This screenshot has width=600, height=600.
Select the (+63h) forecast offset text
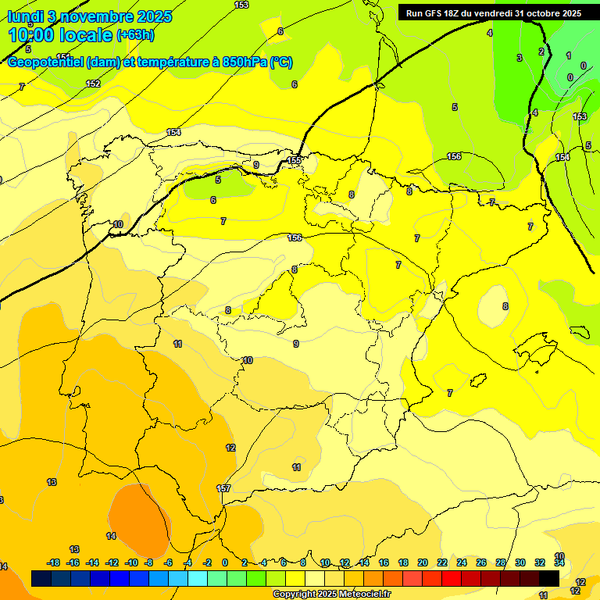pyautogui.click(x=135, y=35)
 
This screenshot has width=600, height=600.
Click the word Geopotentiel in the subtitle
pyautogui.click(x=43, y=62)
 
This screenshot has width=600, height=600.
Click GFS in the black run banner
pyautogui.click(x=434, y=13)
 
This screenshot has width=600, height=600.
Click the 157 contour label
pyautogui.click(x=223, y=488)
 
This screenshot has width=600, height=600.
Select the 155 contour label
pyautogui.click(x=294, y=160)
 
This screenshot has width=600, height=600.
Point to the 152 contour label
pyautogui.click(x=93, y=84)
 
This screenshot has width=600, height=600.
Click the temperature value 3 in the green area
pyautogui.click(x=519, y=58)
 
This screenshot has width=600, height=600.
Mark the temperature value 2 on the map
pyautogui.click(x=541, y=52)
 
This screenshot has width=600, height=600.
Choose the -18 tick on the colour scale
pyautogui.click(x=53, y=562)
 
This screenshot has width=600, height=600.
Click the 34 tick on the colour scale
pyautogui.click(x=559, y=562)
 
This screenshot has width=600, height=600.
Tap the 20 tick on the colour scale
pyautogui.click(x=423, y=562)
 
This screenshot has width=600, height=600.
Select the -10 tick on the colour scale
pyautogui.click(x=131, y=562)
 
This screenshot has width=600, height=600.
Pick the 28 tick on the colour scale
pyautogui.click(x=501, y=562)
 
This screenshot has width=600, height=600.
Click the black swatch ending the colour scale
pyautogui.click(x=549, y=578)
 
